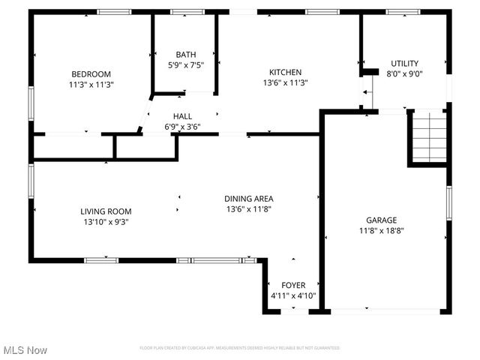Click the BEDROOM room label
[91, 73]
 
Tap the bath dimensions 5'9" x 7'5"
[185, 65]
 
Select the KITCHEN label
[286, 72]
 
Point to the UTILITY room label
[404, 63]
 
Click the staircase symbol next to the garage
[430, 136]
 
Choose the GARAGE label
[381, 220]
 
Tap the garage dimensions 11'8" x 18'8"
[381, 231]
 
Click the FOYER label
[293, 285]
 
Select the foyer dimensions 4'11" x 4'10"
[293, 296]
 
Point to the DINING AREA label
[247, 199]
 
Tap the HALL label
[182, 116]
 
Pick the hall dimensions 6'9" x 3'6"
[182, 127]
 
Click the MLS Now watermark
[25, 350]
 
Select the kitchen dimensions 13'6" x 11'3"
[286, 83]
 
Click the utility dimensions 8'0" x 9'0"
[404, 74]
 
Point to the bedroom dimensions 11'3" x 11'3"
[91, 85]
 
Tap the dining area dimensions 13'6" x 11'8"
[247, 209]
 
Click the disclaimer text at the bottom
[240, 348]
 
